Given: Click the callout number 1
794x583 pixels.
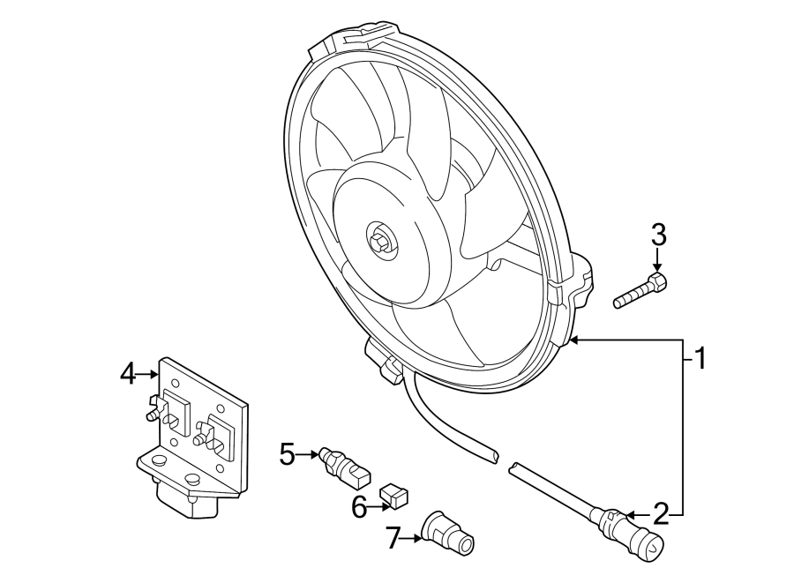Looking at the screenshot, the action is (x=699, y=358).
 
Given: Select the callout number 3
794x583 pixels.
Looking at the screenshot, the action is (x=658, y=235).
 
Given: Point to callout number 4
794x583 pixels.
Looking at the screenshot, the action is (x=128, y=374).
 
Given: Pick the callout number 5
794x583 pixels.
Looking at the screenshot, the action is (x=287, y=454).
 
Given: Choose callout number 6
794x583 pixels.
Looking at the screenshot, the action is (x=358, y=507).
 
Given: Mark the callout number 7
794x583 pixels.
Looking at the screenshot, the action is (x=393, y=537).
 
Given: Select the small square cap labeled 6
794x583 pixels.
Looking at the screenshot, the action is (x=393, y=496).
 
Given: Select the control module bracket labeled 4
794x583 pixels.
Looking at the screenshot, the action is (x=194, y=432).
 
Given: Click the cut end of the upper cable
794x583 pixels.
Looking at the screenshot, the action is (x=491, y=455).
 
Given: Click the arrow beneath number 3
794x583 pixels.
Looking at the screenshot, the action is (x=658, y=264).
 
